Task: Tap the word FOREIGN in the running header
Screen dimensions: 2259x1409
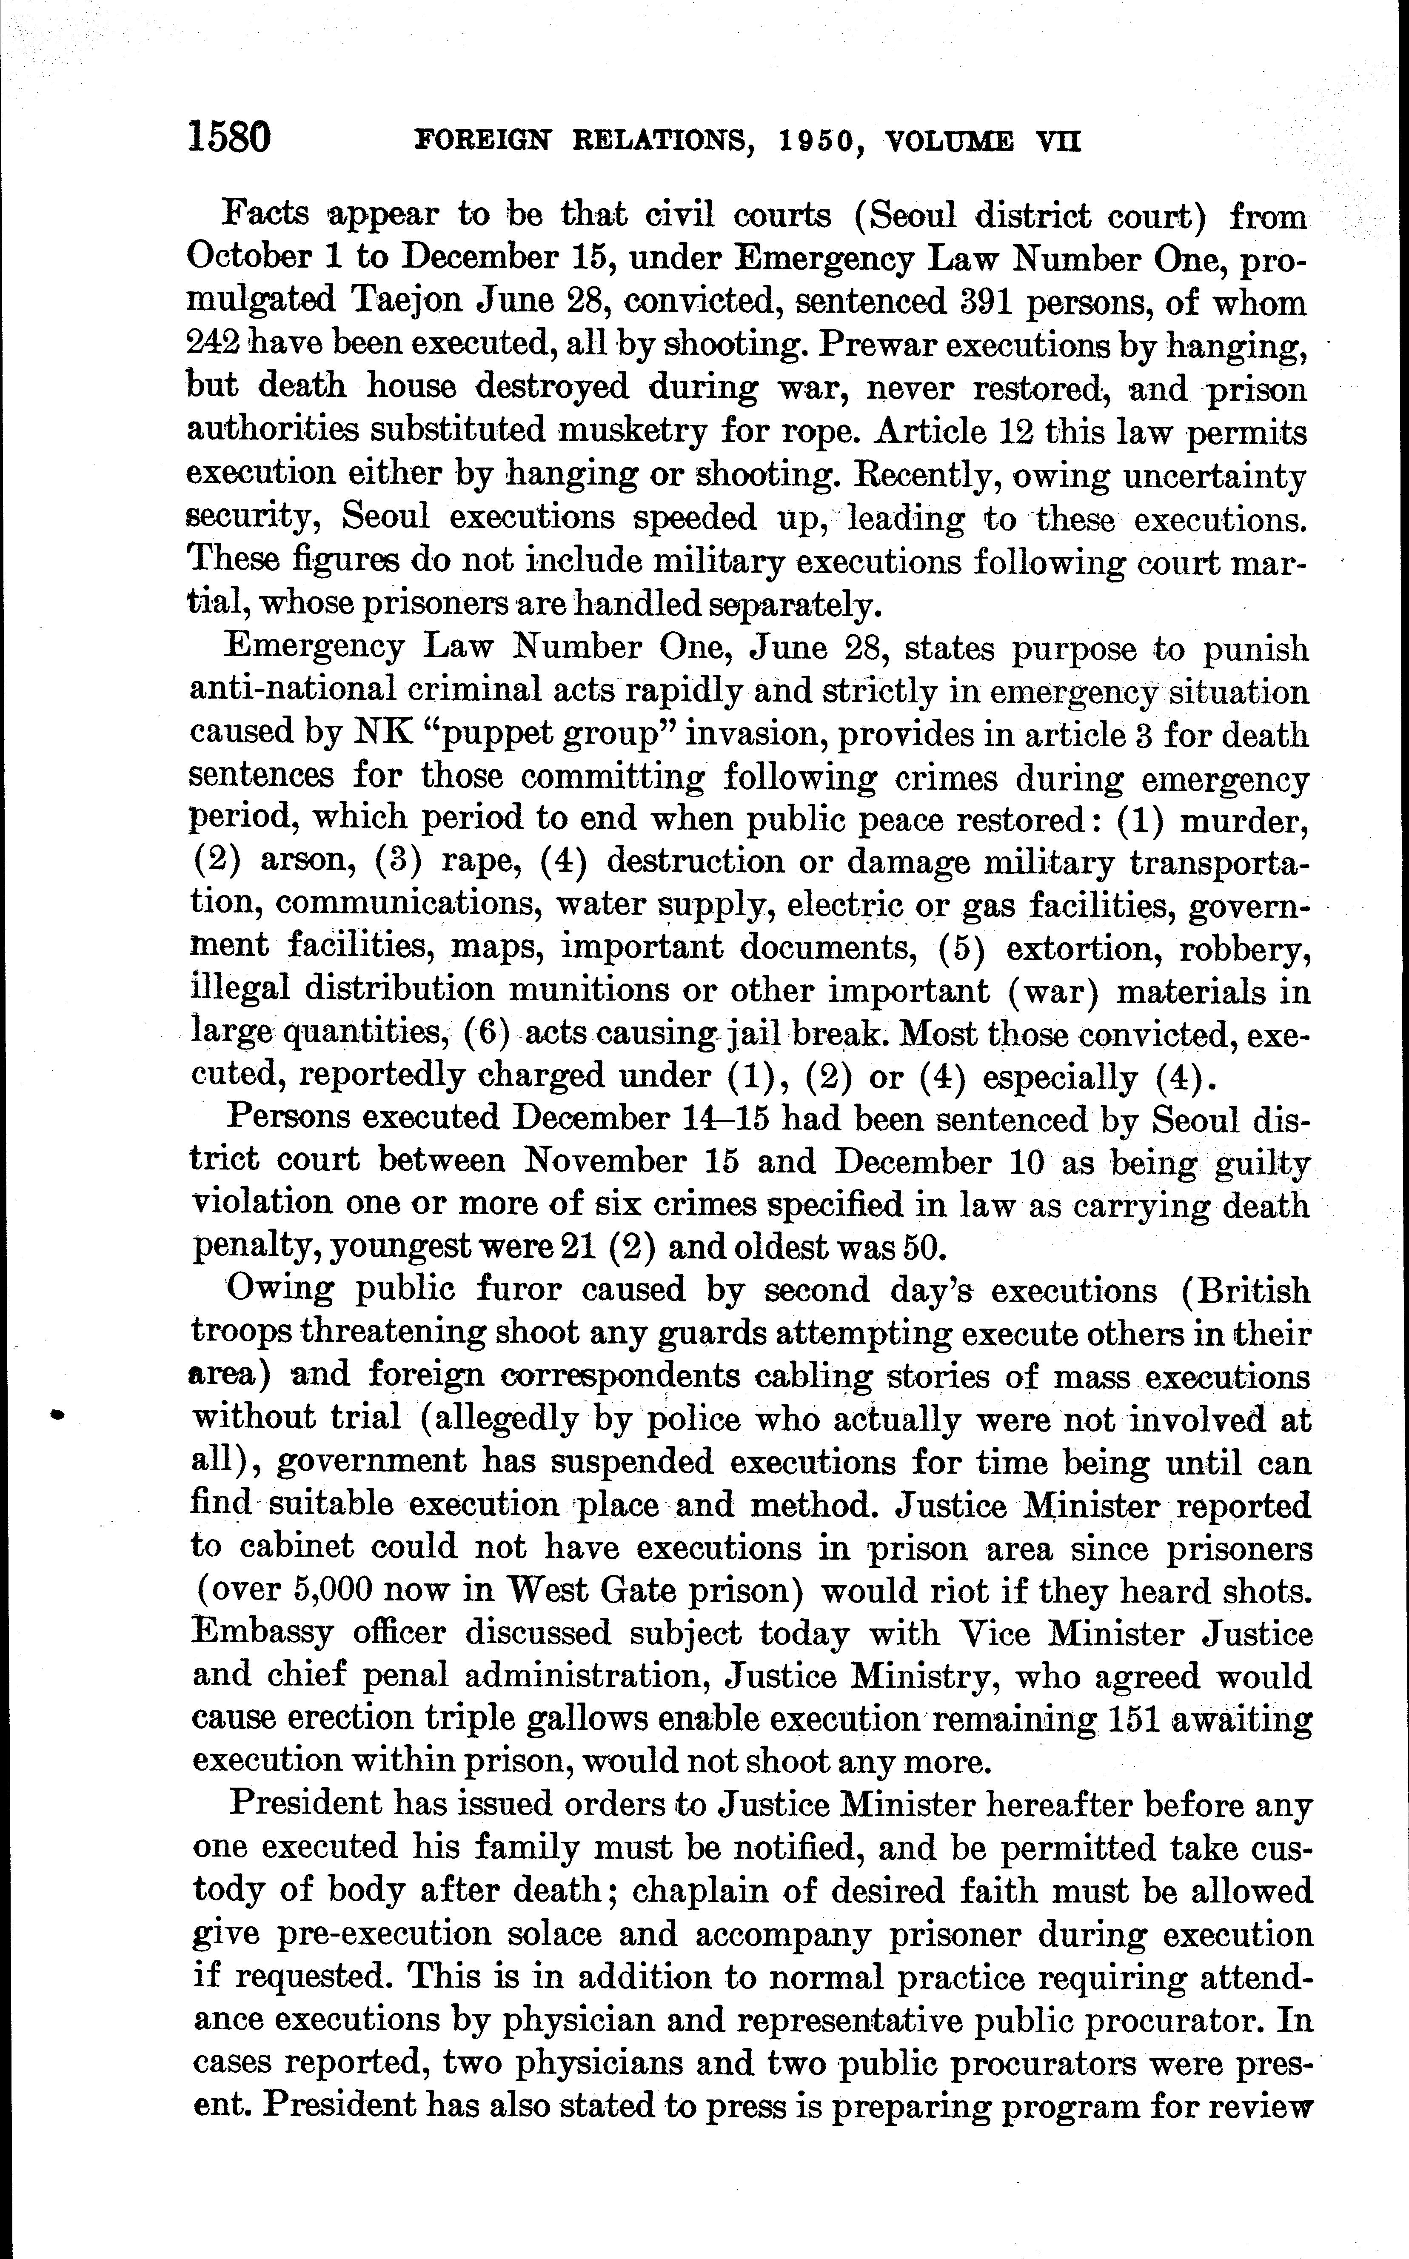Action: [x=482, y=142]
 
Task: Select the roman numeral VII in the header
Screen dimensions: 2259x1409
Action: [x=1058, y=142]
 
